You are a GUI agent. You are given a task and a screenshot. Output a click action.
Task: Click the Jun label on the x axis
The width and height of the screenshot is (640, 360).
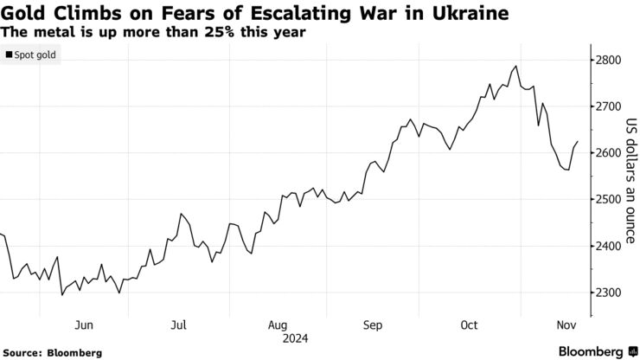84,325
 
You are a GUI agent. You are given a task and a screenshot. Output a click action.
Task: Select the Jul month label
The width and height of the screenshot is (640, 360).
178,325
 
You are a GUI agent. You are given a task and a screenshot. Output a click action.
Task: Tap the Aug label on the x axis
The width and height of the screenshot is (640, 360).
277,325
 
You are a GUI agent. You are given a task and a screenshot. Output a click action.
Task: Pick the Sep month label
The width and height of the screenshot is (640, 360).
372,325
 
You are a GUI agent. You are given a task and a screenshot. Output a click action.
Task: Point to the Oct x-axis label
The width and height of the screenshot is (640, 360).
469,325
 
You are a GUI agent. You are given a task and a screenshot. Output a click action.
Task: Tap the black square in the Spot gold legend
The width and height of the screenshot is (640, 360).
9,55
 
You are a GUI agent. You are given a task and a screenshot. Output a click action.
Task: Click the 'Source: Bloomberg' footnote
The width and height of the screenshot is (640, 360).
53,353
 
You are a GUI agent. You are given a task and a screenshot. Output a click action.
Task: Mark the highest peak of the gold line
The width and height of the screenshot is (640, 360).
516,66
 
